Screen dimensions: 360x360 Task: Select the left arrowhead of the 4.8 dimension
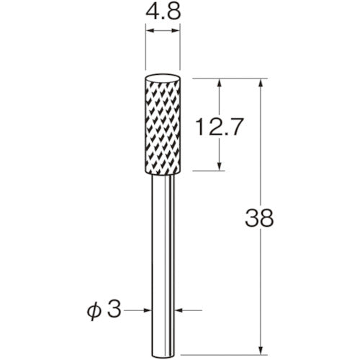[149, 32]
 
